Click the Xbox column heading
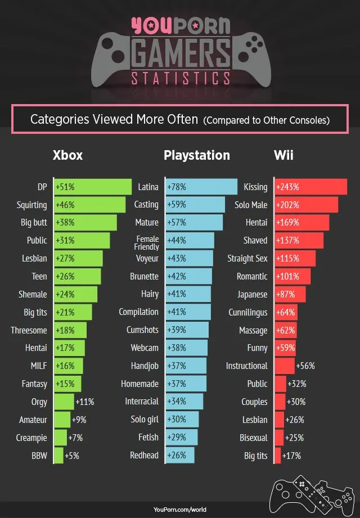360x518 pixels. point(67,155)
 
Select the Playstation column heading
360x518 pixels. point(197,155)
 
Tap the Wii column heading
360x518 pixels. point(285,155)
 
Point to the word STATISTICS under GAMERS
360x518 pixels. point(180,78)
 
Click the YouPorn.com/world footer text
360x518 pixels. point(180,510)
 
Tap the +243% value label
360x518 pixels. point(287,187)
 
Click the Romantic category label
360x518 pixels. point(252,276)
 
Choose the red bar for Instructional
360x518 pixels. point(285,366)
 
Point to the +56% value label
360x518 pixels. point(305,366)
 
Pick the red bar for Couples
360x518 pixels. point(280,402)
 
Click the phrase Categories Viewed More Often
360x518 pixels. point(114,119)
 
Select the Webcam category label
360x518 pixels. point(145,348)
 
